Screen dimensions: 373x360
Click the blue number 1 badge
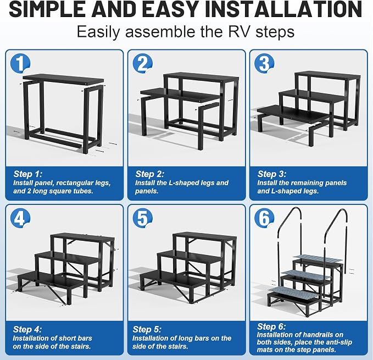[x=20, y=63]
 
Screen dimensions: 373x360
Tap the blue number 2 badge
[x=142, y=63]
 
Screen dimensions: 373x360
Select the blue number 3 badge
[x=264, y=63]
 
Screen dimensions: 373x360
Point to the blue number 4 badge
[x=20, y=218]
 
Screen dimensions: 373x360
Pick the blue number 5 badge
[x=142, y=218]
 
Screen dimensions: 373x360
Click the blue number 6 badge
[x=264, y=218]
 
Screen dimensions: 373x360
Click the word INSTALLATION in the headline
[x=283, y=9]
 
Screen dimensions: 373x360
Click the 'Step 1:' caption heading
[x=28, y=174]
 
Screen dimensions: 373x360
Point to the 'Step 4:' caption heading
[x=27, y=329]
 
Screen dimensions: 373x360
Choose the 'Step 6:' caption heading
[x=271, y=326]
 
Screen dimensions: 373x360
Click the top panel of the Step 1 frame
[x=63, y=79]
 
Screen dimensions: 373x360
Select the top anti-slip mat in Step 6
[x=318, y=259]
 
